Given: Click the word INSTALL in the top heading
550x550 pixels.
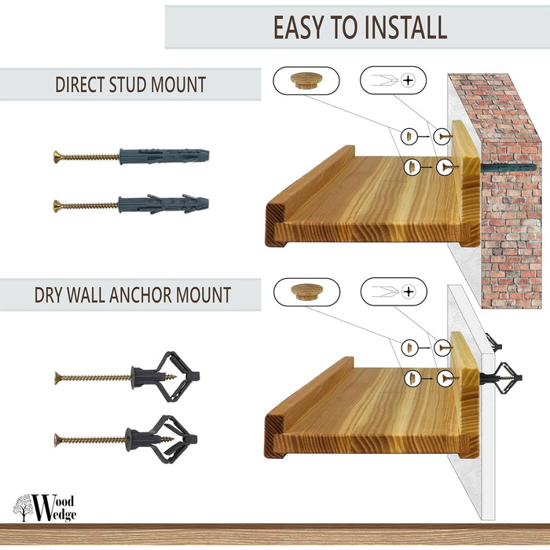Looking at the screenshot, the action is pos(405,27).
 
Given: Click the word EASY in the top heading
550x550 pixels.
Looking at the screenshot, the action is pos(299,27).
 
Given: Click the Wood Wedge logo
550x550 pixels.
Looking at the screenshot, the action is pos(45,508).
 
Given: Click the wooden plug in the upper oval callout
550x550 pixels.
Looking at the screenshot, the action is pos(306,81).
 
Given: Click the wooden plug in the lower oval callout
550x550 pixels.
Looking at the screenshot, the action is pos(306,291).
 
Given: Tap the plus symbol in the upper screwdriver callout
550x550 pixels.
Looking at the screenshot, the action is pos(408,80).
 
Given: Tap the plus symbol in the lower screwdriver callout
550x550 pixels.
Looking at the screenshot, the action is pos(409,291).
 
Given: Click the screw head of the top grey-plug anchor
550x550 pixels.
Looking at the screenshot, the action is pos(57,157).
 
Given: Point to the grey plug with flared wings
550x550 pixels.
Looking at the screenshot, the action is pos(163,204).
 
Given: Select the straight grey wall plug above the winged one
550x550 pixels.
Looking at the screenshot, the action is pos(164,156).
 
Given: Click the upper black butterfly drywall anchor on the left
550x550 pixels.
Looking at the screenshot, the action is pos(165,376).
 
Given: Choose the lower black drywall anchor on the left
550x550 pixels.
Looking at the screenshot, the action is pos(162,439).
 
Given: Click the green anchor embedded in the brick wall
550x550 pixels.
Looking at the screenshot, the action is pos(508,167).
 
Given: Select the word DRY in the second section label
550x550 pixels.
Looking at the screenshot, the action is pos(48,295).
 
